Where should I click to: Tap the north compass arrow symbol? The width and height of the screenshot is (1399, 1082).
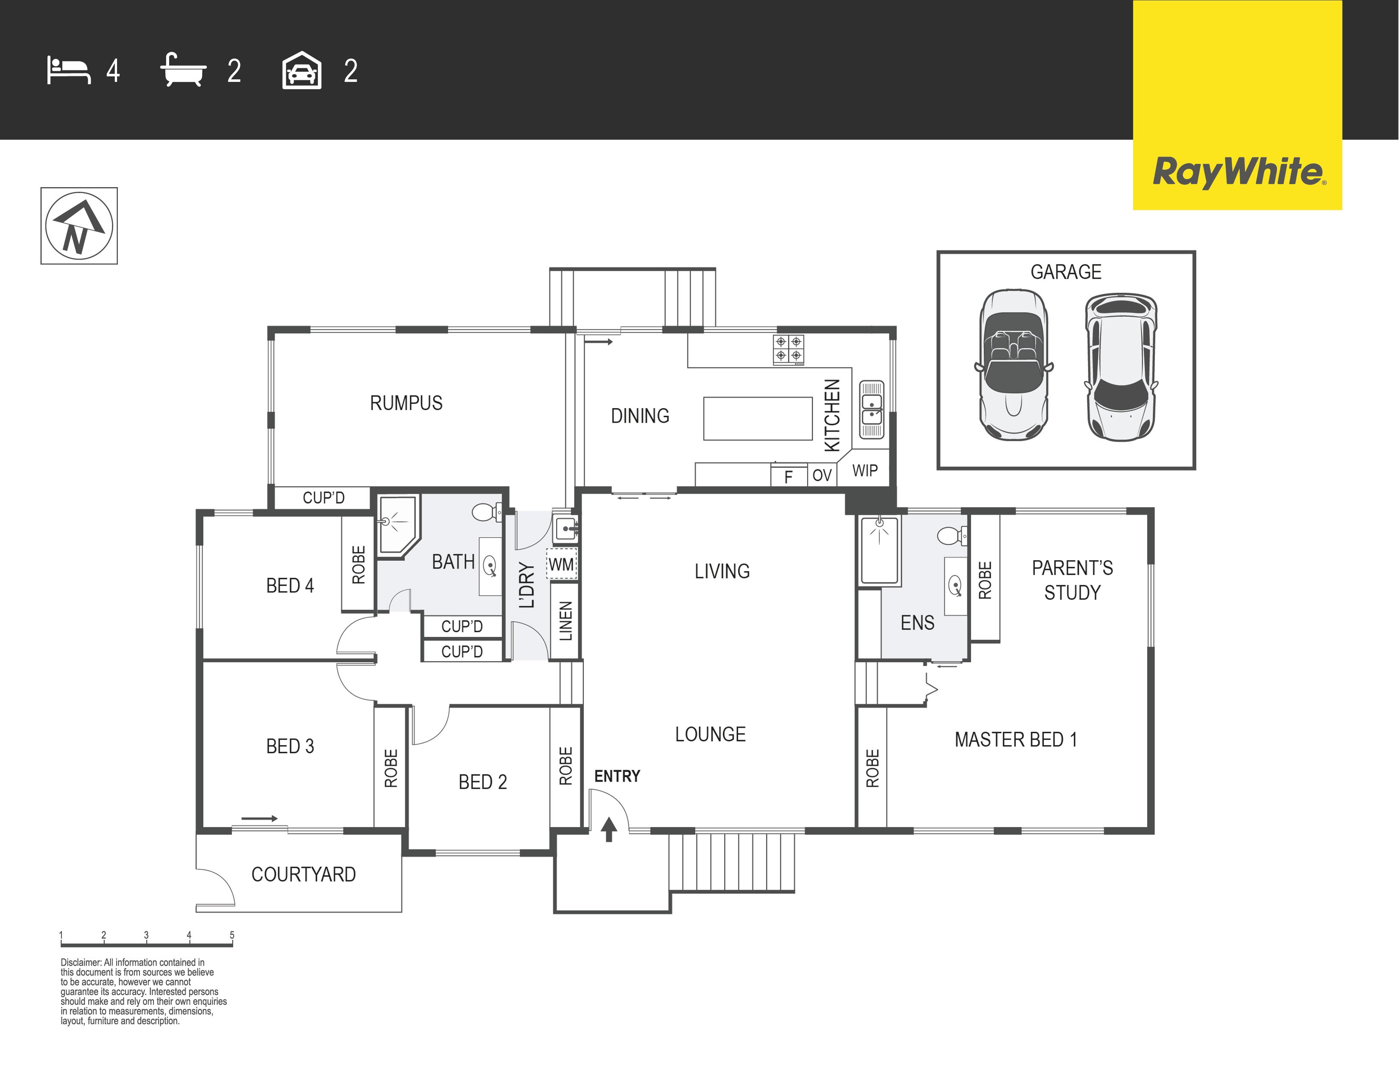[x=79, y=226]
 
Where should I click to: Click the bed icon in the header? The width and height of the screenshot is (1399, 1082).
[x=69, y=70]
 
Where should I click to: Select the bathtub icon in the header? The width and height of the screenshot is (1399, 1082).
[x=183, y=70]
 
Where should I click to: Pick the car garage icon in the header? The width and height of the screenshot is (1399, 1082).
[x=302, y=70]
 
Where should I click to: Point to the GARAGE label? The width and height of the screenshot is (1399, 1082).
[x=1066, y=272]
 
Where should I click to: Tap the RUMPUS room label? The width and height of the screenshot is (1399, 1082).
[x=406, y=403]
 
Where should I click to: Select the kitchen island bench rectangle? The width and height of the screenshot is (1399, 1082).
[x=758, y=418]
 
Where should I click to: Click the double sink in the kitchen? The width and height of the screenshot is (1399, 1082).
[x=871, y=409]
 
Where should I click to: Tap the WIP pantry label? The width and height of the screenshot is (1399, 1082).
[x=865, y=471]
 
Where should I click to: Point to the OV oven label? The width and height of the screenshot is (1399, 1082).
[x=822, y=475]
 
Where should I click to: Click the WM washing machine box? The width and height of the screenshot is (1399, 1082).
[x=562, y=564]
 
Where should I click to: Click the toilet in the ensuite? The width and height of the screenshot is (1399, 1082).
[x=953, y=535]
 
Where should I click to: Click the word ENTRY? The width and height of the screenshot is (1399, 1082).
[x=617, y=776]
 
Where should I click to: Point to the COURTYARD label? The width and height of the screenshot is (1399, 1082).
[x=304, y=875]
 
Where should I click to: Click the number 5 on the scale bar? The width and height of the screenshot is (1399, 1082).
[x=232, y=935]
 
